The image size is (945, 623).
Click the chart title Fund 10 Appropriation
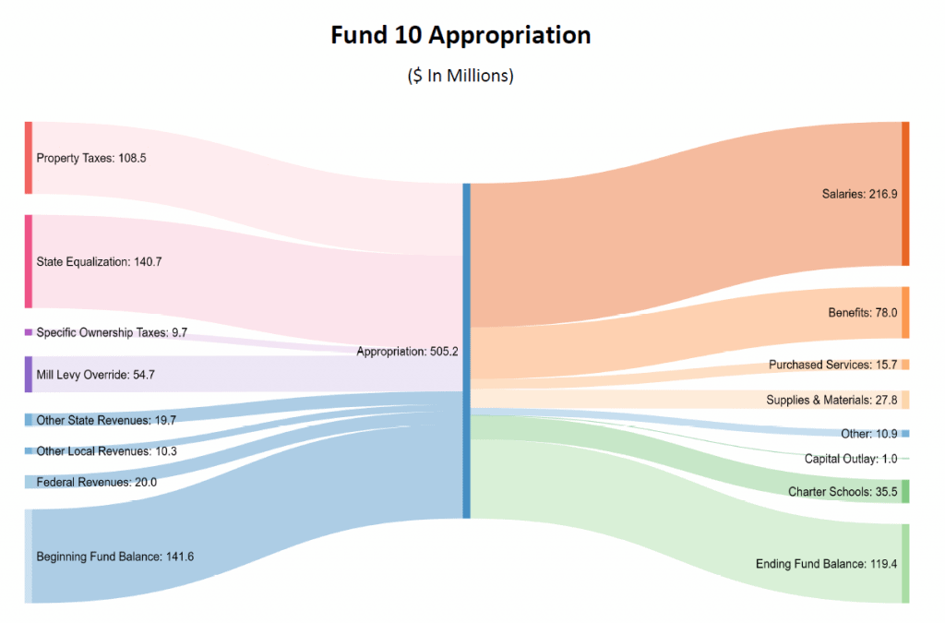point(461,35)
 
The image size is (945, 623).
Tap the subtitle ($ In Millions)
point(461,76)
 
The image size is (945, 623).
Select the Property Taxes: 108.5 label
point(91,158)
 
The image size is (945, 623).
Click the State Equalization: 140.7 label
point(99,262)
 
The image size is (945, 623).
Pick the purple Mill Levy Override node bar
point(29,375)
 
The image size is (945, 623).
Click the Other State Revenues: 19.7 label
point(105,421)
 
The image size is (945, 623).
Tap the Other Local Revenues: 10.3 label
point(105,451)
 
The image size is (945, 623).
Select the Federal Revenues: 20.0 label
point(96,482)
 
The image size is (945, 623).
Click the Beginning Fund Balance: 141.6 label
point(114,557)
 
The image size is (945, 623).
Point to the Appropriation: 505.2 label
point(407,352)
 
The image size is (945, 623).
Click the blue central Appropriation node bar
point(466,351)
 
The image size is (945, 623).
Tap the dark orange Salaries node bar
point(905,194)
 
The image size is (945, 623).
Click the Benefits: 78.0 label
point(863,313)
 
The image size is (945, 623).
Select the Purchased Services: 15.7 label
point(833,365)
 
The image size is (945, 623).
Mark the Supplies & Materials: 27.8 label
point(831,400)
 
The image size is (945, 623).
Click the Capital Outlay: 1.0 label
point(850,459)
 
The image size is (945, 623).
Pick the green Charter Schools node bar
point(905,491)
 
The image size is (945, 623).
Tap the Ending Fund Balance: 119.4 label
point(826,564)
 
